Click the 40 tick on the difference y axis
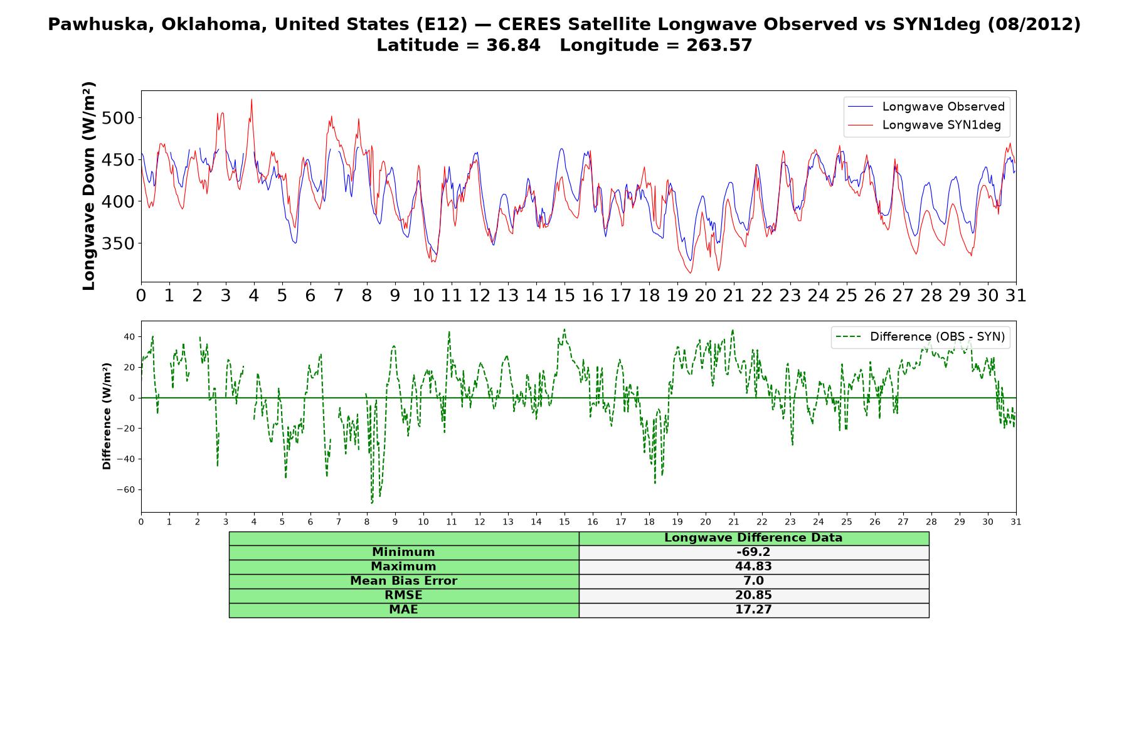(x=129, y=337)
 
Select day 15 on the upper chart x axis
(x=564, y=296)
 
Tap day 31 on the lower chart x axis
(x=1016, y=521)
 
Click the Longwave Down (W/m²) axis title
(x=89, y=186)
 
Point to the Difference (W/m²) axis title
(x=107, y=416)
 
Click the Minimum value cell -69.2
(x=753, y=552)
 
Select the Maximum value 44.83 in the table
(x=753, y=567)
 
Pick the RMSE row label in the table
(x=403, y=595)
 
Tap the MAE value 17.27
(x=753, y=610)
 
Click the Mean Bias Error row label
(x=403, y=581)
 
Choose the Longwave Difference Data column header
(x=753, y=538)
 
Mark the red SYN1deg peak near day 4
(x=252, y=99)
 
